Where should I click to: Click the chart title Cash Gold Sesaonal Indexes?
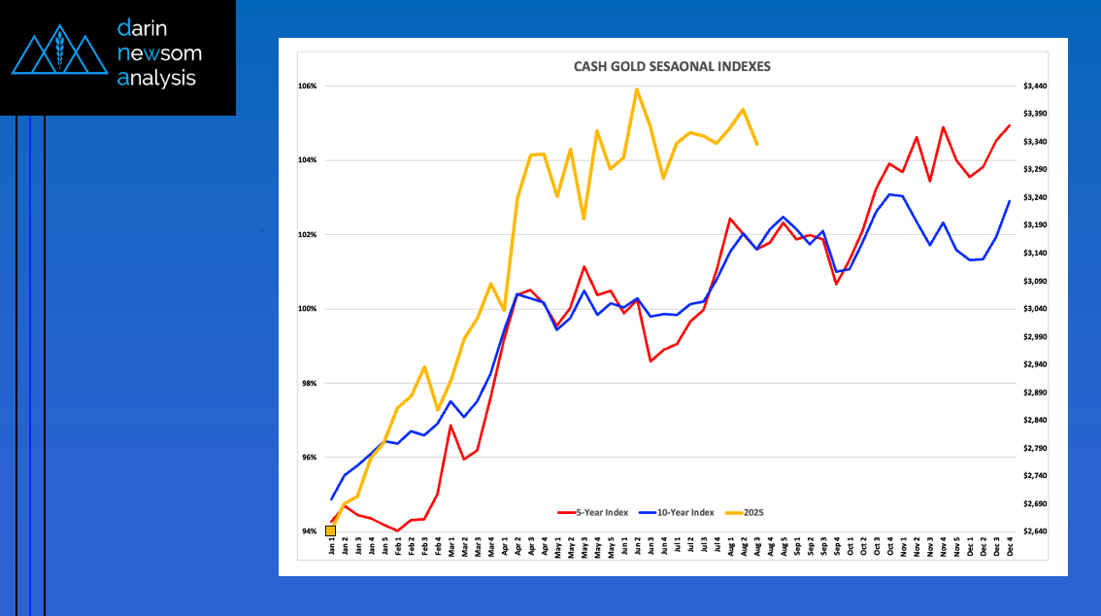672,66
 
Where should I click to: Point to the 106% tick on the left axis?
308,86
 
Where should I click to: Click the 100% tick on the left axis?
308,309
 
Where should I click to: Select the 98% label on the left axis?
308,383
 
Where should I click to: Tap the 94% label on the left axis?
308,531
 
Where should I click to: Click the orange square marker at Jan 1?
330,530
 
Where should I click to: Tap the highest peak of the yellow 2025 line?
637,89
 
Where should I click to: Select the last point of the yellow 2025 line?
756,144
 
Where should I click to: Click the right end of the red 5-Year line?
1010,125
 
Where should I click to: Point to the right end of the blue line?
1010,201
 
